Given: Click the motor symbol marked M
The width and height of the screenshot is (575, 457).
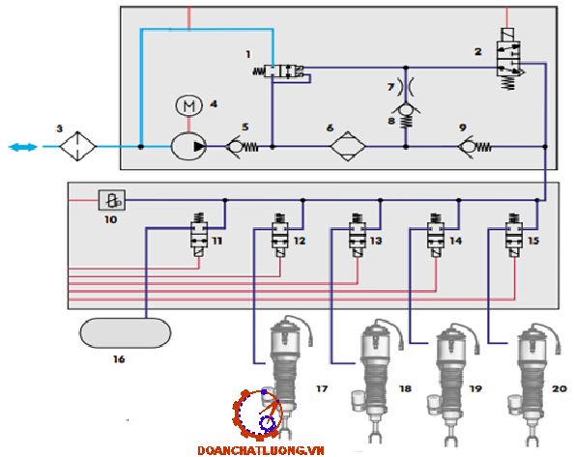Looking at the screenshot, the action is point(188,105).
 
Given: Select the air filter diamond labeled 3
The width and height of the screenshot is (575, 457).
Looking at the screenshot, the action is point(77,146).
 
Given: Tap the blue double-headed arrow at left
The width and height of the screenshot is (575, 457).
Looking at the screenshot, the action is point(23,147).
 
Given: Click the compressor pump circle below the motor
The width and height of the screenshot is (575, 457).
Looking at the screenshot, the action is point(188,147).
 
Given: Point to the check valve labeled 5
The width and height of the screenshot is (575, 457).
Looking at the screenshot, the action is point(242,147).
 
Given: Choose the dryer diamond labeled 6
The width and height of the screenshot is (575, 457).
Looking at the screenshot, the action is point(348,146).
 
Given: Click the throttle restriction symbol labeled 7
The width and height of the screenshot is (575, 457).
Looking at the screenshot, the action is point(406,86).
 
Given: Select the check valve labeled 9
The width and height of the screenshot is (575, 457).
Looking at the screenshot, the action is point(474,147).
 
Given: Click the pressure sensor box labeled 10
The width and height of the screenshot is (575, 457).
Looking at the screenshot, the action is point(112,200).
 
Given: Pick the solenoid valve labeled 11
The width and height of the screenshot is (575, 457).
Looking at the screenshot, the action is point(199,235).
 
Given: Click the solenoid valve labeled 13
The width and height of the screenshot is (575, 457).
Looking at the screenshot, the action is point(358,235).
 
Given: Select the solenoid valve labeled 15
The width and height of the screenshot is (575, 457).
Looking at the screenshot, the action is point(514,235).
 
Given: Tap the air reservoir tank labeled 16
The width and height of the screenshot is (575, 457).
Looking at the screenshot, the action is point(125,332).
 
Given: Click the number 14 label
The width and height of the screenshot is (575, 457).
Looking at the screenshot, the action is point(455,241).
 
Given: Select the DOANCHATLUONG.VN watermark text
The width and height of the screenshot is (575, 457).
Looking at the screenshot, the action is point(261,450).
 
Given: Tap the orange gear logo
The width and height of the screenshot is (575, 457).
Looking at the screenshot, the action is point(257,414).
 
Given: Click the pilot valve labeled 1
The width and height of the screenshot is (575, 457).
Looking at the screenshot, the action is point(278,71).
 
